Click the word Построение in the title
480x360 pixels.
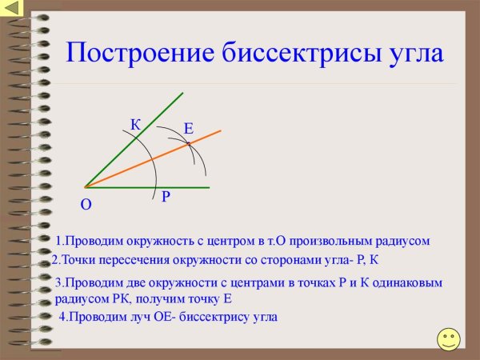[x=130, y=54]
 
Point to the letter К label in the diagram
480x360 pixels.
[x=135, y=124]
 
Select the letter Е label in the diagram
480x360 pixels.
[x=188, y=129]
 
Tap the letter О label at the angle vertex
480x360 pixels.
[x=86, y=206]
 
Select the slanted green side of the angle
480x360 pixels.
[x=120, y=151]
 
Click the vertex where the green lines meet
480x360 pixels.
[x=85, y=187]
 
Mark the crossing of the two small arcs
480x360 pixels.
[x=189, y=143]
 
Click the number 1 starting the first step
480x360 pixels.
[x=58, y=241]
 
